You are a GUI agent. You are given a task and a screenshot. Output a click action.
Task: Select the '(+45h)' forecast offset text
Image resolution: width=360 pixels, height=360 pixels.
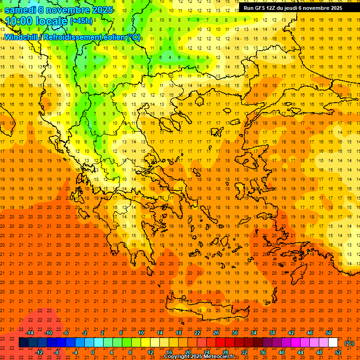(x=81, y=21)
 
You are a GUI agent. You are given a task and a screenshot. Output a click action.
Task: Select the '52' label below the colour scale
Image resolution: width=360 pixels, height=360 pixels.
(x=338, y=352)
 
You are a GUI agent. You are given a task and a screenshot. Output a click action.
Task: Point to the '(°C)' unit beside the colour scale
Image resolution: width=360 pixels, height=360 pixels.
(x=349, y=343)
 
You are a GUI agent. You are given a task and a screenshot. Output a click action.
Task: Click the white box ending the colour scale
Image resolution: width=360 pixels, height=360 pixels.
(x=333, y=343)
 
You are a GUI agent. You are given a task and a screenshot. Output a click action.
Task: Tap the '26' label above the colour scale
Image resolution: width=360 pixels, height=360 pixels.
(x=216, y=333)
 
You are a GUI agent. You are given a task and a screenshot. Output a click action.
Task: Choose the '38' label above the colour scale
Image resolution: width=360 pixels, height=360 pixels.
(x=272, y=333)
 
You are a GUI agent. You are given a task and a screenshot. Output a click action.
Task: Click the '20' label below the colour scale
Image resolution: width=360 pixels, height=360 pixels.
(x=187, y=352)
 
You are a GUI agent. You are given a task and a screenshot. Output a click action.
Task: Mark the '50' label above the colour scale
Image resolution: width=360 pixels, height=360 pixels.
(x=329, y=333)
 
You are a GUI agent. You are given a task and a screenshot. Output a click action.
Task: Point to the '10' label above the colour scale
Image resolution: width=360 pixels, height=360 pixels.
(x=141, y=333)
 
